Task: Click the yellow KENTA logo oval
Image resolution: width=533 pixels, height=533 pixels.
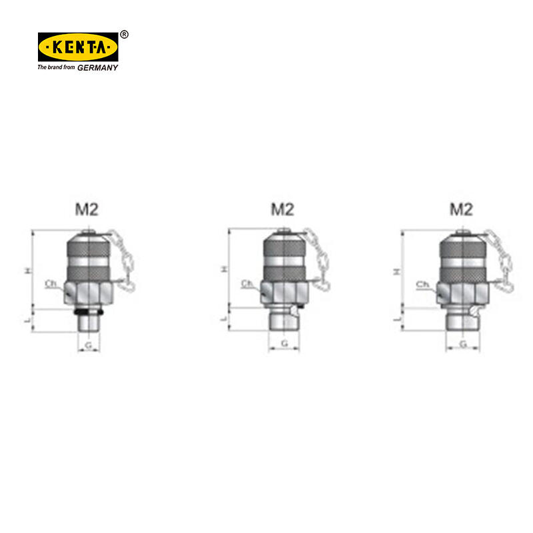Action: pyautogui.click(x=78, y=47)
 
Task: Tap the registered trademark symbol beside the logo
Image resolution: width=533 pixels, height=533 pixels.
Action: pyautogui.click(x=125, y=35)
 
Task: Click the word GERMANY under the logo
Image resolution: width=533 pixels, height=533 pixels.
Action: pyautogui.click(x=97, y=68)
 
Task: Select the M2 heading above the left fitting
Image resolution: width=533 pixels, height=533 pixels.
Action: pyautogui.click(x=87, y=209)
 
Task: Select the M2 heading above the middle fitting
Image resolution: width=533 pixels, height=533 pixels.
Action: pyautogui.click(x=282, y=209)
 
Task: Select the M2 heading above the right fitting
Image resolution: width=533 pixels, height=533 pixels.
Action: pyautogui.click(x=461, y=209)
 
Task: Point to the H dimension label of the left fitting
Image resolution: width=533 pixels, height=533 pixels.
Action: pyautogui.click(x=28, y=270)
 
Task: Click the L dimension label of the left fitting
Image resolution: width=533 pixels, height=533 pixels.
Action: pyautogui.click(x=29, y=320)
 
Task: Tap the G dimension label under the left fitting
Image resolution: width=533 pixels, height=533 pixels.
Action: pyautogui.click(x=89, y=345)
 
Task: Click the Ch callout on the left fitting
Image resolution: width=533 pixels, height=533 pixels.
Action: pyautogui.click(x=51, y=284)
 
